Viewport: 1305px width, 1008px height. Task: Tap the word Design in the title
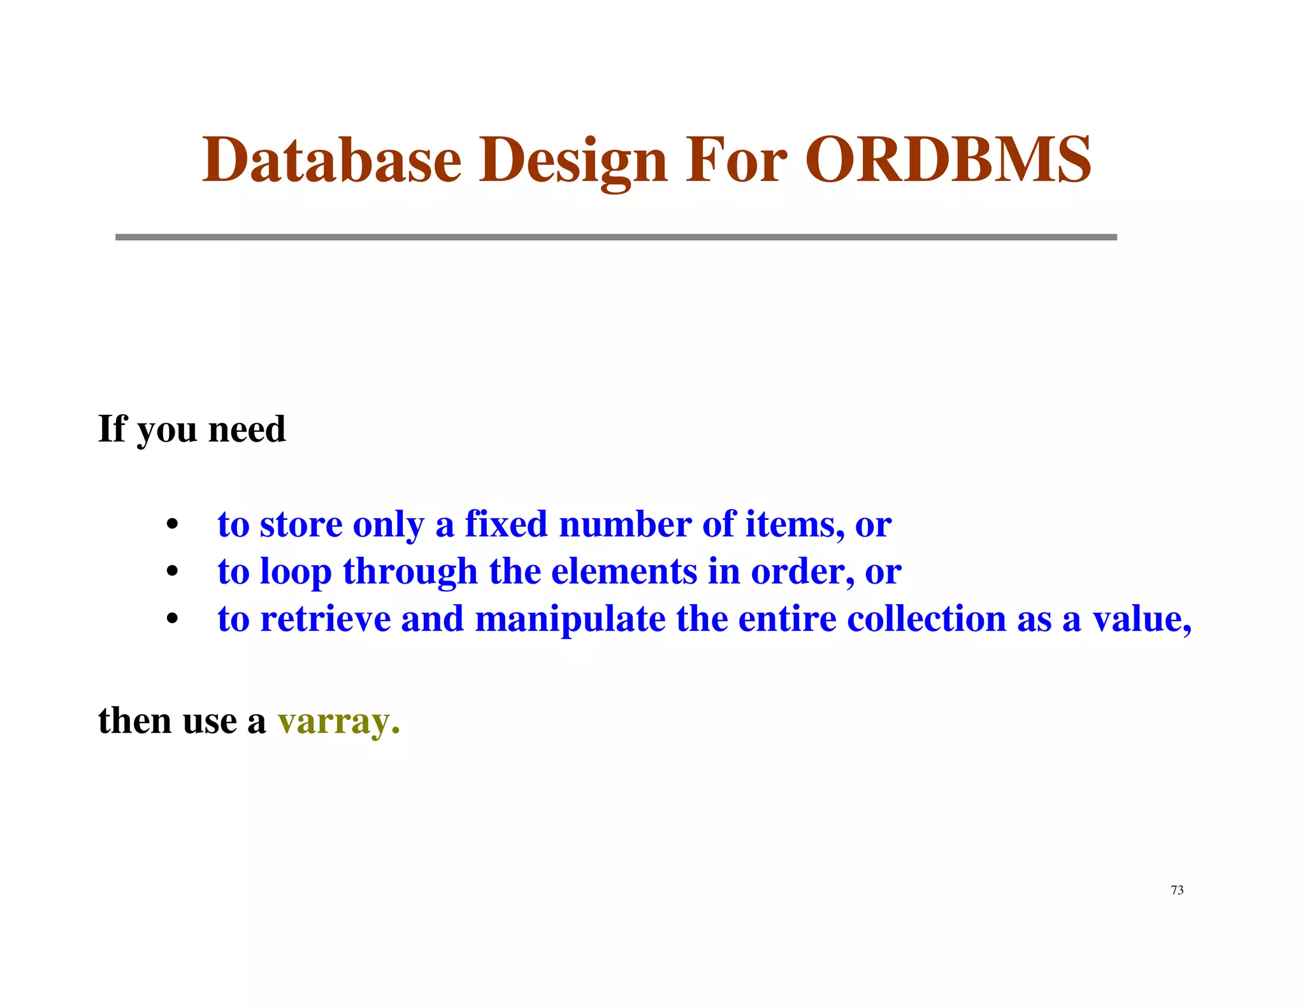click(x=573, y=161)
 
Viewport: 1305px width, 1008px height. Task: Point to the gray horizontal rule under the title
click(x=616, y=237)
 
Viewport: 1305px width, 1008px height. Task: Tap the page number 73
click(x=1177, y=890)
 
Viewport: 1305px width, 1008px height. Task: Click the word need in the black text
click(x=247, y=429)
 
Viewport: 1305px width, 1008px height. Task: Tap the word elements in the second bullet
click(x=624, y=571)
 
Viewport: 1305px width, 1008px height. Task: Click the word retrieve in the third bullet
click(x=325, y=619)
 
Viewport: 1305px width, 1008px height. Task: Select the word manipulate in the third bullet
click(x=570, y=619)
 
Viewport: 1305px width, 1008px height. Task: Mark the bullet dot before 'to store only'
click(x=171, y=526)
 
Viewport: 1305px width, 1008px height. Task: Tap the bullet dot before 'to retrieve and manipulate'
click(x=171, y=620)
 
